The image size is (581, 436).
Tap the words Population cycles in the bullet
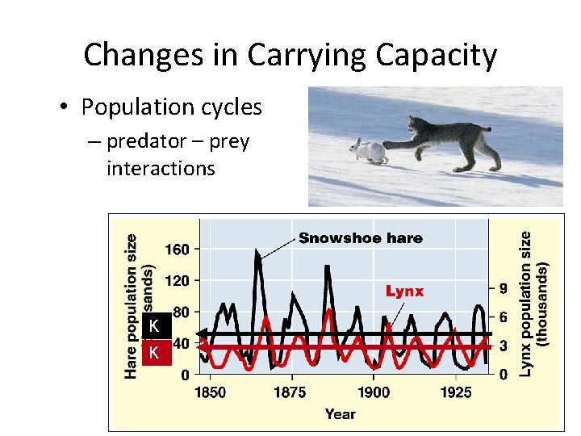pos(172,107)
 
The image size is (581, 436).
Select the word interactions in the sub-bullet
pos(161,169)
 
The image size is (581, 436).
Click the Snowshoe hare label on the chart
pos(360,238)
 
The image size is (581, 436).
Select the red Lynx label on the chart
pos(404,291)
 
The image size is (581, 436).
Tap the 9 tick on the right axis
pos(503,288)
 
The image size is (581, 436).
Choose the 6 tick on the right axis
pos(503,317)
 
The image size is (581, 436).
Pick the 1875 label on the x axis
pos(290,393)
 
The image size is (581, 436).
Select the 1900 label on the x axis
pos(373,393)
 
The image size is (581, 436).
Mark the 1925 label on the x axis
pos(456,393)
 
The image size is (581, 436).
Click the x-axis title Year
pos(340,414)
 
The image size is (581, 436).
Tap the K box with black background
pos(153,327)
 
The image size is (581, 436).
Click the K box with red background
pos(153,353)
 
